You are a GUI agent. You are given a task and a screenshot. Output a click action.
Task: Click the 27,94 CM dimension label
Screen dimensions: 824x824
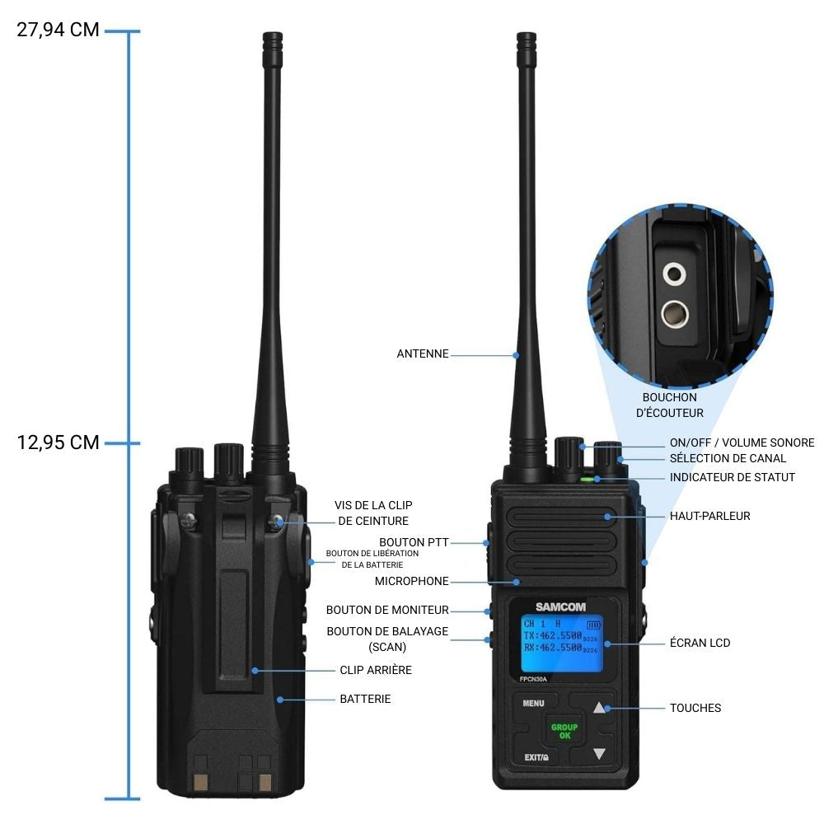[58, 30]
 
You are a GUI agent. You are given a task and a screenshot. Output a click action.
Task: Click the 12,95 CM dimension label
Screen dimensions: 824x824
[58, 442]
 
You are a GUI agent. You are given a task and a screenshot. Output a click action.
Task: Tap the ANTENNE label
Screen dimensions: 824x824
[423, 354]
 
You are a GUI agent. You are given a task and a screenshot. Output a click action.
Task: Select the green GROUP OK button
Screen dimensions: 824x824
[564, 731]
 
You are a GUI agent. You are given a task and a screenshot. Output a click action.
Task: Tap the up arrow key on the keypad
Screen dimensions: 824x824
[599, 707]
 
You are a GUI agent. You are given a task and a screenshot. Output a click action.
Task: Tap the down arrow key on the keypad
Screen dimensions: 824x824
[599, 754]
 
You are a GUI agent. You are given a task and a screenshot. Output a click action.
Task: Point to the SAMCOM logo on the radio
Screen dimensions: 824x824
[559, 607]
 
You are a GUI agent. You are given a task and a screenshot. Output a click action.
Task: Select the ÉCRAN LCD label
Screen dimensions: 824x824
[700, 643]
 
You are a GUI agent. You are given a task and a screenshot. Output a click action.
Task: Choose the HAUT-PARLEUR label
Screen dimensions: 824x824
[709, 516]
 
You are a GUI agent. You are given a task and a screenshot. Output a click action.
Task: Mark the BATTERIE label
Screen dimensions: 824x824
[365, 699]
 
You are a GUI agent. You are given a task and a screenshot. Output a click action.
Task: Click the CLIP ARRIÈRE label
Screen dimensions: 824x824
[375, 670]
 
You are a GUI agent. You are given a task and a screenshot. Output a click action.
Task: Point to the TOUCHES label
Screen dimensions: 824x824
[695, 708]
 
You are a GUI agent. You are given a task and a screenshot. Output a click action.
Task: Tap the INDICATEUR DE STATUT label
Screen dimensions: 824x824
[732, 477]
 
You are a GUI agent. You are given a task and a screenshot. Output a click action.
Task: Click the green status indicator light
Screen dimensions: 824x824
[588, 478]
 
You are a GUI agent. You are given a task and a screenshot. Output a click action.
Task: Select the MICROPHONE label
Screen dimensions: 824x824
[411, 581]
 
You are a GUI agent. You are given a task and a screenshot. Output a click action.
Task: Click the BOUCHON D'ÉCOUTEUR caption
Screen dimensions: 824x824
[669, 405]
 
